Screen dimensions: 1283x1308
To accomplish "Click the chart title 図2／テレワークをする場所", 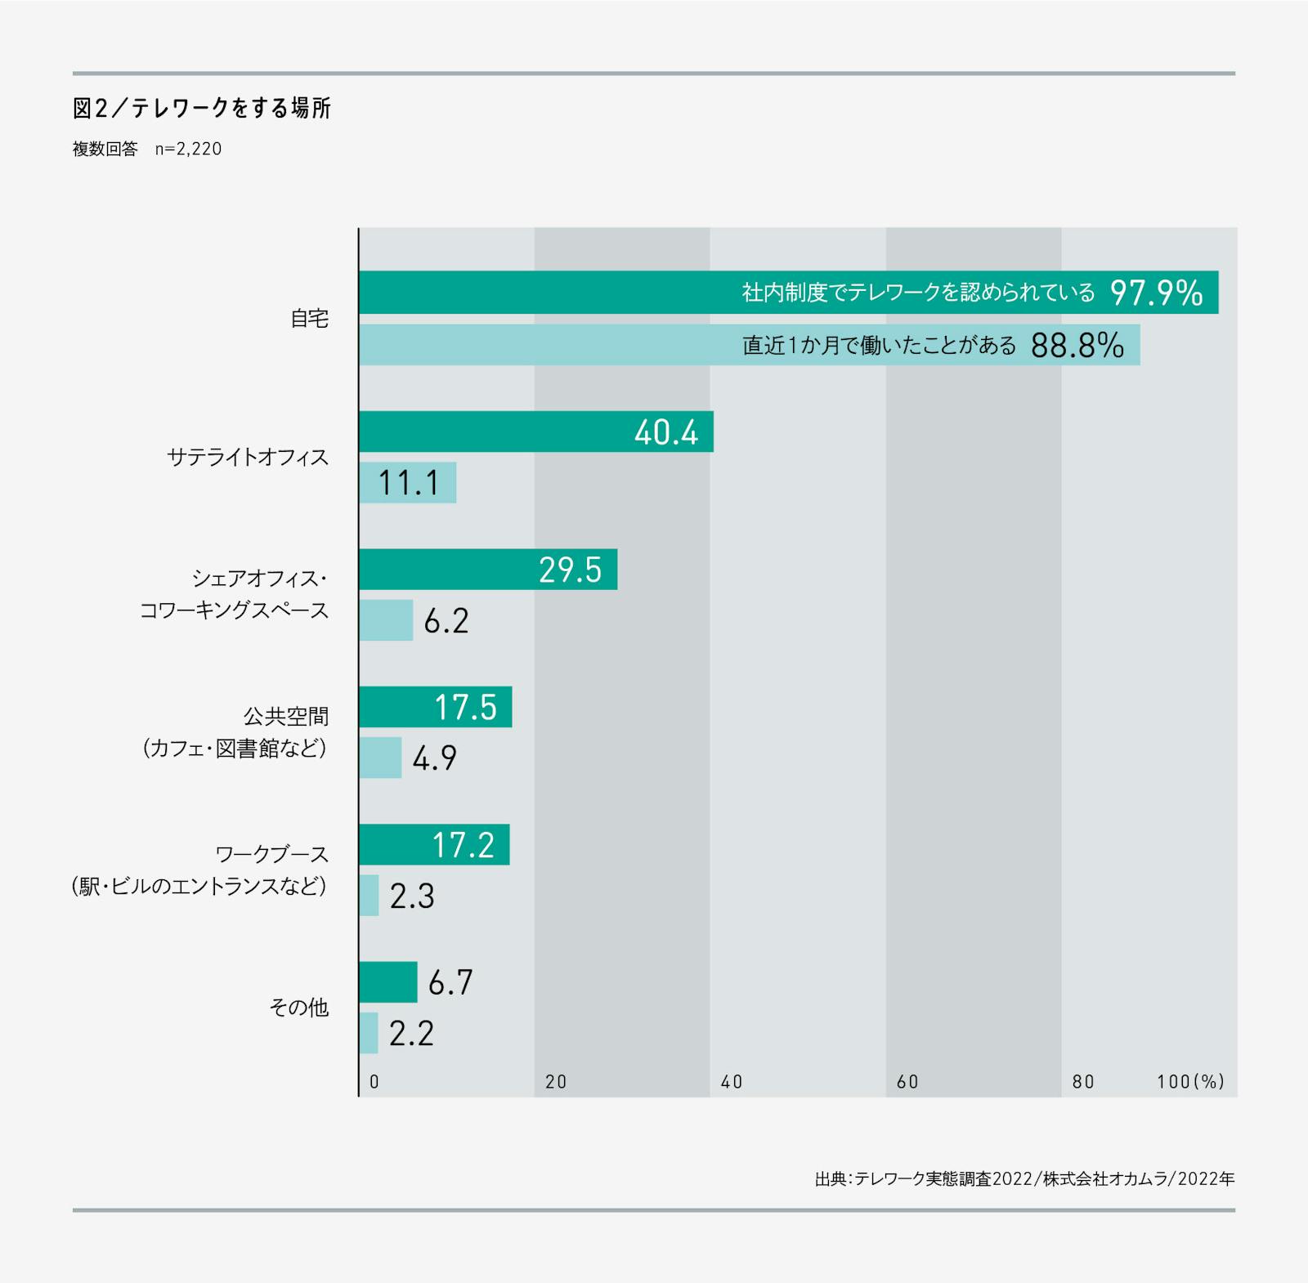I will (202, 109).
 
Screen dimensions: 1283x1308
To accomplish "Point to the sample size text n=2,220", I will (188, 150).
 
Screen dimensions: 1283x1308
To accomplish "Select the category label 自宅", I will (310, 319).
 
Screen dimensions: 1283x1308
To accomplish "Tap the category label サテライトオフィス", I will (248, 457).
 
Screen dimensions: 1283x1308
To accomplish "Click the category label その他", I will (299, 1008).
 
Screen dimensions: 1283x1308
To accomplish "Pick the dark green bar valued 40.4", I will (535, 431).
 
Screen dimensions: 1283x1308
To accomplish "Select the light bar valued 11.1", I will (407, 483).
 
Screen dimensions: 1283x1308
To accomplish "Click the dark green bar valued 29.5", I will (487, 570).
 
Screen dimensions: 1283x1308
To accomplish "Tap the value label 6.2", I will (446, 621).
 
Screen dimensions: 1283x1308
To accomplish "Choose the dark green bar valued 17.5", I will (435, 707).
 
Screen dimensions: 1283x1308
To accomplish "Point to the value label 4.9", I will (435, 758).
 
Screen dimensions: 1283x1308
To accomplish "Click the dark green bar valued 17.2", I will (433, 845).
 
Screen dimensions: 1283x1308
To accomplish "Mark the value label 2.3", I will (412, 896).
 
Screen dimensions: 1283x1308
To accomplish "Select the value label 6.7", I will (450, 982).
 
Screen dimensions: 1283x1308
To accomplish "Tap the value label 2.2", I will (411, 1034).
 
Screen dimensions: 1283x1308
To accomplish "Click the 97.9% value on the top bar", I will (1156, 293).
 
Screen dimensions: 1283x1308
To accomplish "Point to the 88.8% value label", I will (1077, 346).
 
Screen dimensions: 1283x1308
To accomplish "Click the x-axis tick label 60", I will (907, 1082).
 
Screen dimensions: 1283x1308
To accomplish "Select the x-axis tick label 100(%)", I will (1190, 1082).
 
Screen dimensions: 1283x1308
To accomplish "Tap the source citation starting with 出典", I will (1024, 1178).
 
